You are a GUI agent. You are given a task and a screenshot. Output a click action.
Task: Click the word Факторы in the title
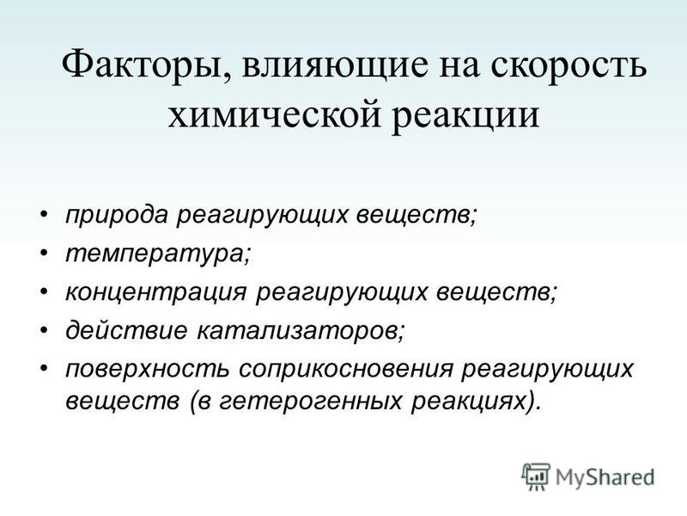[x=140, y=66]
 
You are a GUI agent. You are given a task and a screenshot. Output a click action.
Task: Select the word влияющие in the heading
[x=335, y=65]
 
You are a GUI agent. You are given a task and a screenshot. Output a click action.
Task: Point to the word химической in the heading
[x=274, y=114]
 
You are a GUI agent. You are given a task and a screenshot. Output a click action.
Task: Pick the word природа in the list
[x=117, y=216]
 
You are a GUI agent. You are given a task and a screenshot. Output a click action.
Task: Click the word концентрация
[x=156, y=292]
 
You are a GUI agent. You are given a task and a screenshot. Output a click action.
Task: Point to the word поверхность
[x=147, y=369]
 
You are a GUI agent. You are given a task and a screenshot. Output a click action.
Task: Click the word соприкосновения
[x=346, y=369]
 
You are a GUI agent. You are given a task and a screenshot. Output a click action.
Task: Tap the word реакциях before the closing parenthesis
[x=468, y=402]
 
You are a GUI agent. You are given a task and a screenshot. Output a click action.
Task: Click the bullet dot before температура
[x=44, y=253]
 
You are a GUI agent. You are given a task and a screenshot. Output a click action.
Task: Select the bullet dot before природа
[x=44, y=215]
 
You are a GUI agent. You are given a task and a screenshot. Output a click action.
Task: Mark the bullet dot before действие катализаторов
[x=44, y=330]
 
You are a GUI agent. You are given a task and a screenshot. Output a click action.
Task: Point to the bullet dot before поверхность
[x=44, y=368]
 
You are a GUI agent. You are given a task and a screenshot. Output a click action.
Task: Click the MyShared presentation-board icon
[x=536, y=476]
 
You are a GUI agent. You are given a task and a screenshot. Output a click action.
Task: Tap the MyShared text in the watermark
[x=605, y=477]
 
